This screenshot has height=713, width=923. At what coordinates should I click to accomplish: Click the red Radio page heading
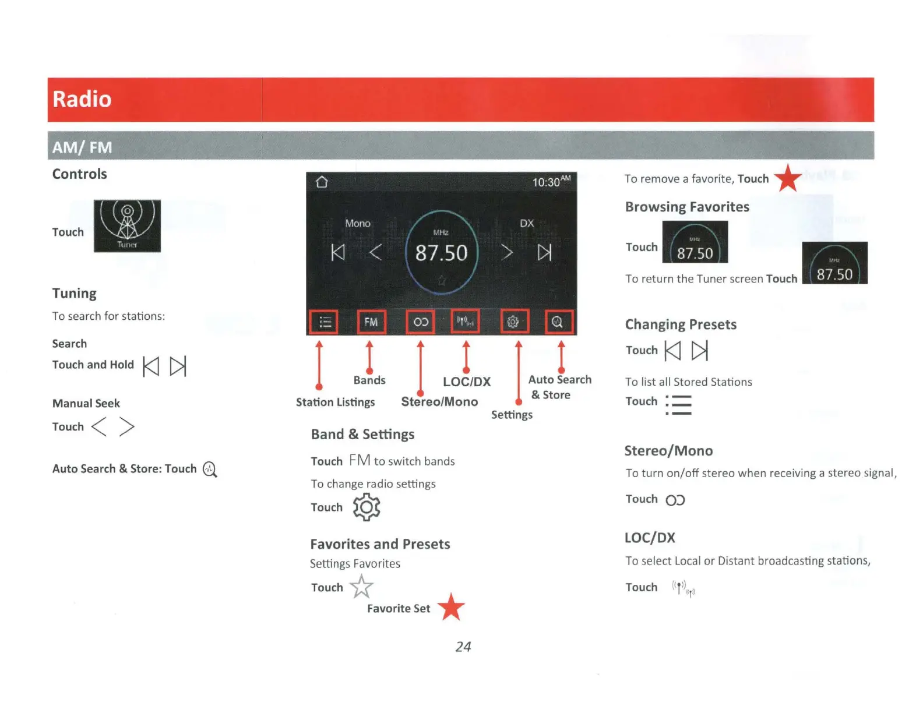[82, 100]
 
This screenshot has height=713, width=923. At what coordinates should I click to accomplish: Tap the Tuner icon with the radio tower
[127, 226]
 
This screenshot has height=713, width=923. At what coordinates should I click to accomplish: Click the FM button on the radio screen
[371, 322]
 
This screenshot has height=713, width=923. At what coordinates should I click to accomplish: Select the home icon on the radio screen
[322, 182]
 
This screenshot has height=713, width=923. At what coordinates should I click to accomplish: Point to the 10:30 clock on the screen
[550, 182]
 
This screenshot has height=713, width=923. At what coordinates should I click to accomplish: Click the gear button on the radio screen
[513, 322]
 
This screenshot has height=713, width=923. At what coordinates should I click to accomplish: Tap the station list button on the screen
[324, 322]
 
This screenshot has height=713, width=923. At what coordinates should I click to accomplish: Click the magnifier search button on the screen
[558, 322]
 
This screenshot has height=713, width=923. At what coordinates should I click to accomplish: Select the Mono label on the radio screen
[357, 224]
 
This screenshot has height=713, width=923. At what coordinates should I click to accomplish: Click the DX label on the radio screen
[527, 224]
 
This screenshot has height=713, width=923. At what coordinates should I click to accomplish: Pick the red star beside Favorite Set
[451, 607]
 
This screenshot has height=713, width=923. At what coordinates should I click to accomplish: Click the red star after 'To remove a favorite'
[788, 178]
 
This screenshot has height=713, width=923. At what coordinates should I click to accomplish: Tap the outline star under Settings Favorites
[361, 587]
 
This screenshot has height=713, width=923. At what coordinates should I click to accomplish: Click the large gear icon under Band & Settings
[367, 507]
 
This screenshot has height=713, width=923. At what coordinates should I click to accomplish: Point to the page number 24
[463, 647]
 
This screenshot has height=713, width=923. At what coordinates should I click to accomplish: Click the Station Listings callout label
[335, 403]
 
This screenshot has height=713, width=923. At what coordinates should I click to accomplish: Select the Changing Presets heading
[681, 324]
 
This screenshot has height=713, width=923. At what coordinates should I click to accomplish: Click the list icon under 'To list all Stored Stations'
[679, 404]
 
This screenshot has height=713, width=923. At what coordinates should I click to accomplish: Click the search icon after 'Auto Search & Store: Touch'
[210, 470]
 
